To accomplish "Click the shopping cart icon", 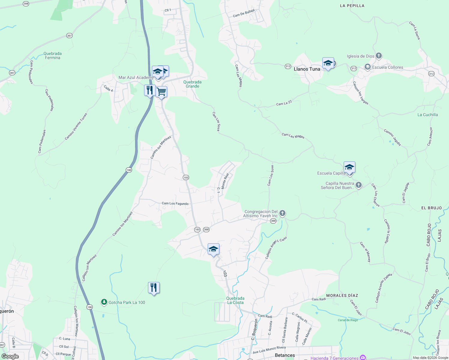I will click(x=161, y=92).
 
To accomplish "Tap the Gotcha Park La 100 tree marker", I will click(x=104, y=302).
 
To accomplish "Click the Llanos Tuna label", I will click(x=307, y=69).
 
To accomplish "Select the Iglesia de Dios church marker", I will click(x=379, y=56).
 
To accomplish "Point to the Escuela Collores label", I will click(x=387, y=67).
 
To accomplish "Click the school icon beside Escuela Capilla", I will click(x=349, y=167).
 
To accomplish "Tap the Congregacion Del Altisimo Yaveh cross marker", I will click(x=282, y=213).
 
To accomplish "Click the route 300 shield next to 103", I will click(x=206, y=229).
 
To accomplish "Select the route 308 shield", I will click(x=26, y=4).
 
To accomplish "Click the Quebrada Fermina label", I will click(x=53, y=56).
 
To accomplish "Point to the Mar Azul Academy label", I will click(x=136, y=77).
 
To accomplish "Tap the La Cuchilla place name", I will click(x=427, y=115).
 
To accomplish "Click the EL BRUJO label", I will click(x=431, y=208).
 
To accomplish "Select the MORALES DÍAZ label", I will click(x=342, y=295).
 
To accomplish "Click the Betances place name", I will click(x=285, y=355).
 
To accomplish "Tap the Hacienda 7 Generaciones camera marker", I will click(x=363, y=357).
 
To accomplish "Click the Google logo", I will click(x=10, y=356).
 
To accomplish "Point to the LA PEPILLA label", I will click(x=352, y=6).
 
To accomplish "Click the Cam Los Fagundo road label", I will click(x=175, y=203).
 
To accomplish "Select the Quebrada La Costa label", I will click(x=235, y=300).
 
